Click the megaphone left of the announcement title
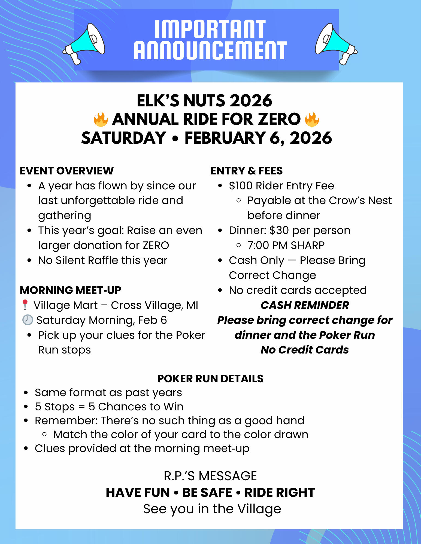84,44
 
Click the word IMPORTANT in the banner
210,29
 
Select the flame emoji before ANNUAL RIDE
101,119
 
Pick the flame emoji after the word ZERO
312,119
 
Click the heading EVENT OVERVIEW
67,171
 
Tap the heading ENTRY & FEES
247,171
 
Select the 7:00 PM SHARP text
286,245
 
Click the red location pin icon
25,305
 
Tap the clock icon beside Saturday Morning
28,320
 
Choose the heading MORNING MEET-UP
71,290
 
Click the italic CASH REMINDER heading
305,305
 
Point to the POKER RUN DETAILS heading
210,379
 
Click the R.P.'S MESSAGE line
210,476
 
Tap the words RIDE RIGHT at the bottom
280,493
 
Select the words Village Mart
65,305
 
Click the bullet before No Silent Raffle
29,260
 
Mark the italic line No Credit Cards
305,350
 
